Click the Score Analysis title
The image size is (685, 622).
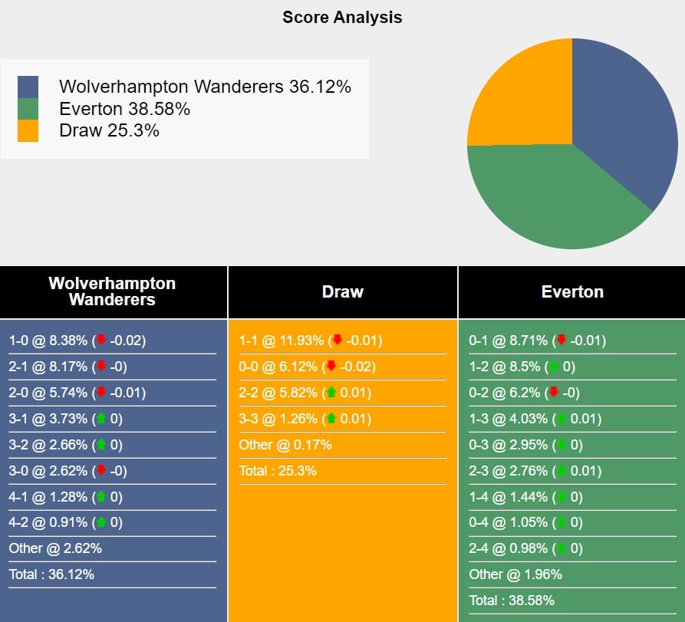click(x=342, y=17)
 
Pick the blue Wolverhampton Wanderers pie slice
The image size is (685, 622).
click(x=621, y=115)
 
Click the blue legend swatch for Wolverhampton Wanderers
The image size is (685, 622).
click(x=28, y=87)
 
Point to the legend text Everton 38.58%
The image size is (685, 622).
click(x=124, y=109)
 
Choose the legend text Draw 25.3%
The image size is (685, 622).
click(x=109, y=130)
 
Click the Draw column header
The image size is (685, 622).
click(x=342, y=291)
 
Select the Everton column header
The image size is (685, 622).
click(x=571, y=291)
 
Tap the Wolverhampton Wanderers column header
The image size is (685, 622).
click(x=112, y=291)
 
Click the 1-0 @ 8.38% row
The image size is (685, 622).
click(x=77, y=341)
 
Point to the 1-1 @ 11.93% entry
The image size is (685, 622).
click(x=310, y=341)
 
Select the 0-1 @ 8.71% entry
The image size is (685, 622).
click(x=537, y=341)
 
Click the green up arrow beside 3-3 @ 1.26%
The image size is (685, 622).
click(x=331, y=419)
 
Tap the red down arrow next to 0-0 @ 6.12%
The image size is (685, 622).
click(x=331, y=367)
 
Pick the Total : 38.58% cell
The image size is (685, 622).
click(x=512, y=600)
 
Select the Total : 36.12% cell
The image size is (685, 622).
click(x=51, y=574)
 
